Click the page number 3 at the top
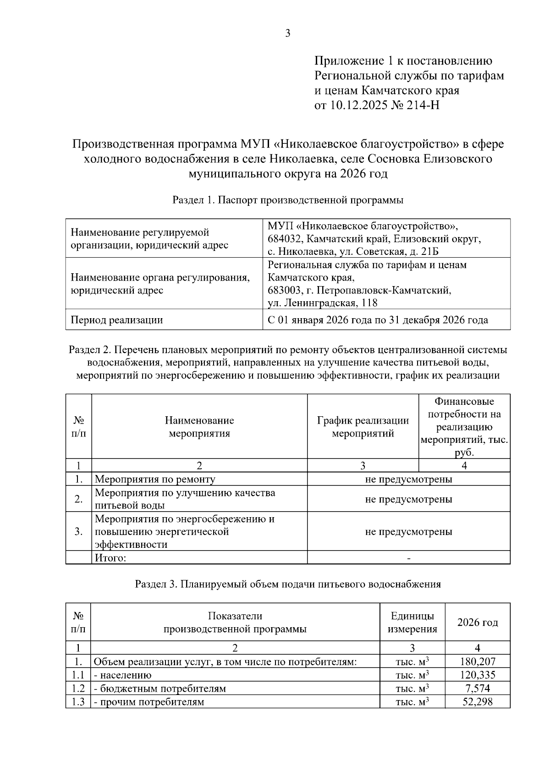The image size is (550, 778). [x=287, y=33]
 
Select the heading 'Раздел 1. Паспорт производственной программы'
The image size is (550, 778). [x=288, y=200]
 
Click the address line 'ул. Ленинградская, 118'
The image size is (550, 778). [x=323, y=303]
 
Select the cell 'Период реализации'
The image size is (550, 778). [x=117, y=320]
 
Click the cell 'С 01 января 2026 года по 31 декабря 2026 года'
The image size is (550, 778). [x=378, y=320]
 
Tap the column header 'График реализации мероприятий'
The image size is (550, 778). [x=363, y=427]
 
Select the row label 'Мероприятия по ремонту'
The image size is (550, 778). [x=155, y=480]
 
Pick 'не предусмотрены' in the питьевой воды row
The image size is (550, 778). [x=408, y=499]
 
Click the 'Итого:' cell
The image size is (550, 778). [x=110, y=558]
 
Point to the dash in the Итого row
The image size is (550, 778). [x=408, y=558]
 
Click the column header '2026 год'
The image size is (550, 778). [x=477, y=623]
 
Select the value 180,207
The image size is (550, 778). [x=477, y=662]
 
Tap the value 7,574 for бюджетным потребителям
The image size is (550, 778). [x=477, y=689]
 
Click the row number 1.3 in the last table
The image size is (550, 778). [x=78, y=702]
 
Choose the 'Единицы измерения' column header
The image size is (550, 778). [x=412, y=623]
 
